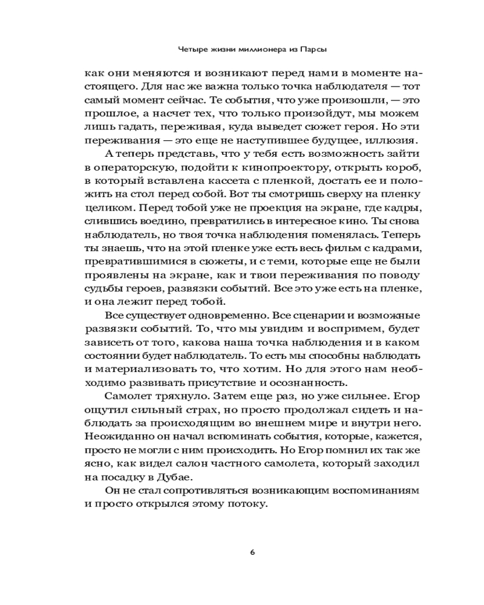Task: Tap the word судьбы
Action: coord(100,286)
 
